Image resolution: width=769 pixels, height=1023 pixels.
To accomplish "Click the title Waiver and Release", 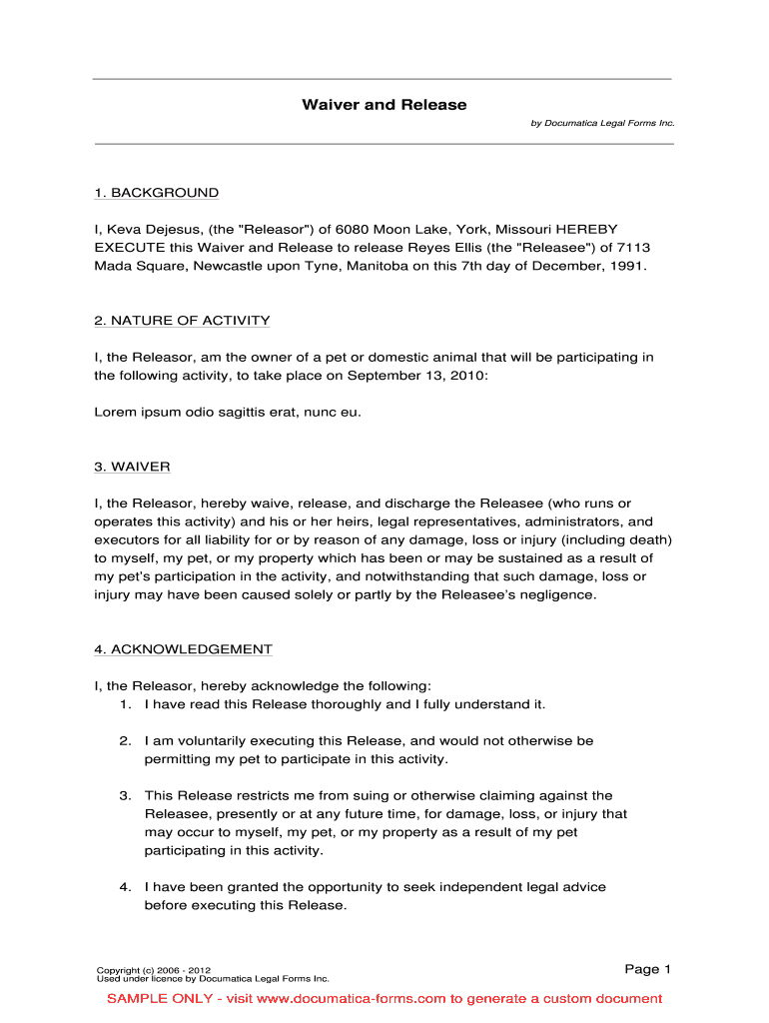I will tap(384, 105).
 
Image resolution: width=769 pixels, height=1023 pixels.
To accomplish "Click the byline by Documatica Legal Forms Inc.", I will tap(602, 123).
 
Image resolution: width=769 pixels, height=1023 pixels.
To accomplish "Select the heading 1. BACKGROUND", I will tap(156, 193).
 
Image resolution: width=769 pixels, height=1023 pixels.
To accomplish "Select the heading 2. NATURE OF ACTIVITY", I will tap(182, 321).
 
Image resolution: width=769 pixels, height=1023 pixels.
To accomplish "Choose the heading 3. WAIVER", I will tap(132, 467).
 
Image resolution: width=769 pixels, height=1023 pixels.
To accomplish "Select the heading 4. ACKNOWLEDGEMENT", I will tap(183, 649).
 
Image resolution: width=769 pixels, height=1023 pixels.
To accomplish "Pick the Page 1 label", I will tap(647, 969).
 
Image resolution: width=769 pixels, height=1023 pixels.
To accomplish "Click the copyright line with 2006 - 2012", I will tap(153, 970).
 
